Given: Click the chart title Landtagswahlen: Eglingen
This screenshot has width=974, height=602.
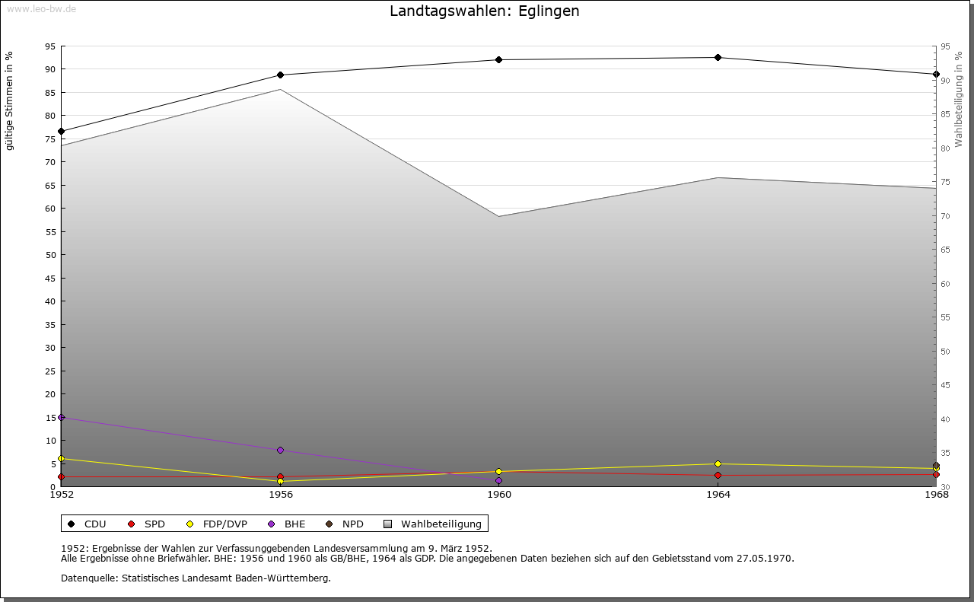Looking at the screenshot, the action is (485, 11).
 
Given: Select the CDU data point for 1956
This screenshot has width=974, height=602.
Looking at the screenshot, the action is (281, 75).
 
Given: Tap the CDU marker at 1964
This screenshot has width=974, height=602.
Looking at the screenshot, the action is (718, 57).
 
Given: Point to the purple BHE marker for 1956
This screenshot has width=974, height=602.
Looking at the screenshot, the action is (281, 451).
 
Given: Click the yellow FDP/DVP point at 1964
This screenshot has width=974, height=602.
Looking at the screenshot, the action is (718, 463).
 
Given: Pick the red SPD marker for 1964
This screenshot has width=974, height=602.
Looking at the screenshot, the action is (718, 476).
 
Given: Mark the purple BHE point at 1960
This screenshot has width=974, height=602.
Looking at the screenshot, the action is (498, 481).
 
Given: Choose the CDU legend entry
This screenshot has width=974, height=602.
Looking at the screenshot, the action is (88, 524).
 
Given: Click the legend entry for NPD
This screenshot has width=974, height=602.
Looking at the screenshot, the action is (345, 524).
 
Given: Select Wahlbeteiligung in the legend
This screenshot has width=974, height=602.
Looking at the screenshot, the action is (433, 524).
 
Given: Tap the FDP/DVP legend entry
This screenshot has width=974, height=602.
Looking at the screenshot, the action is (217, 524).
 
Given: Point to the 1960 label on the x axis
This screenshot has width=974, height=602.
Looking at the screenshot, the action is (499, 495).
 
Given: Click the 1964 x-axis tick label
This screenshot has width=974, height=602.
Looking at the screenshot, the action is (718, 495).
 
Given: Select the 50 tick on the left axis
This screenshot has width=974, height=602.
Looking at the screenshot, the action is (51, 255).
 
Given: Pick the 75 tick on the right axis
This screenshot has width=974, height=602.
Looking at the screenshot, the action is (945, 182).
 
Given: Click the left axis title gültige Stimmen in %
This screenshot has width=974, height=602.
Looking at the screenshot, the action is (9, 101).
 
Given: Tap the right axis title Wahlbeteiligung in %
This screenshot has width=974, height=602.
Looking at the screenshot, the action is (959, 100).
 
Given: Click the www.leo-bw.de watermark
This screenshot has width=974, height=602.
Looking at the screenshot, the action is (41, 8).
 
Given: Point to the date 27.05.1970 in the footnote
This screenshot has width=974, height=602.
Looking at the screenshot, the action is (765, 559).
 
